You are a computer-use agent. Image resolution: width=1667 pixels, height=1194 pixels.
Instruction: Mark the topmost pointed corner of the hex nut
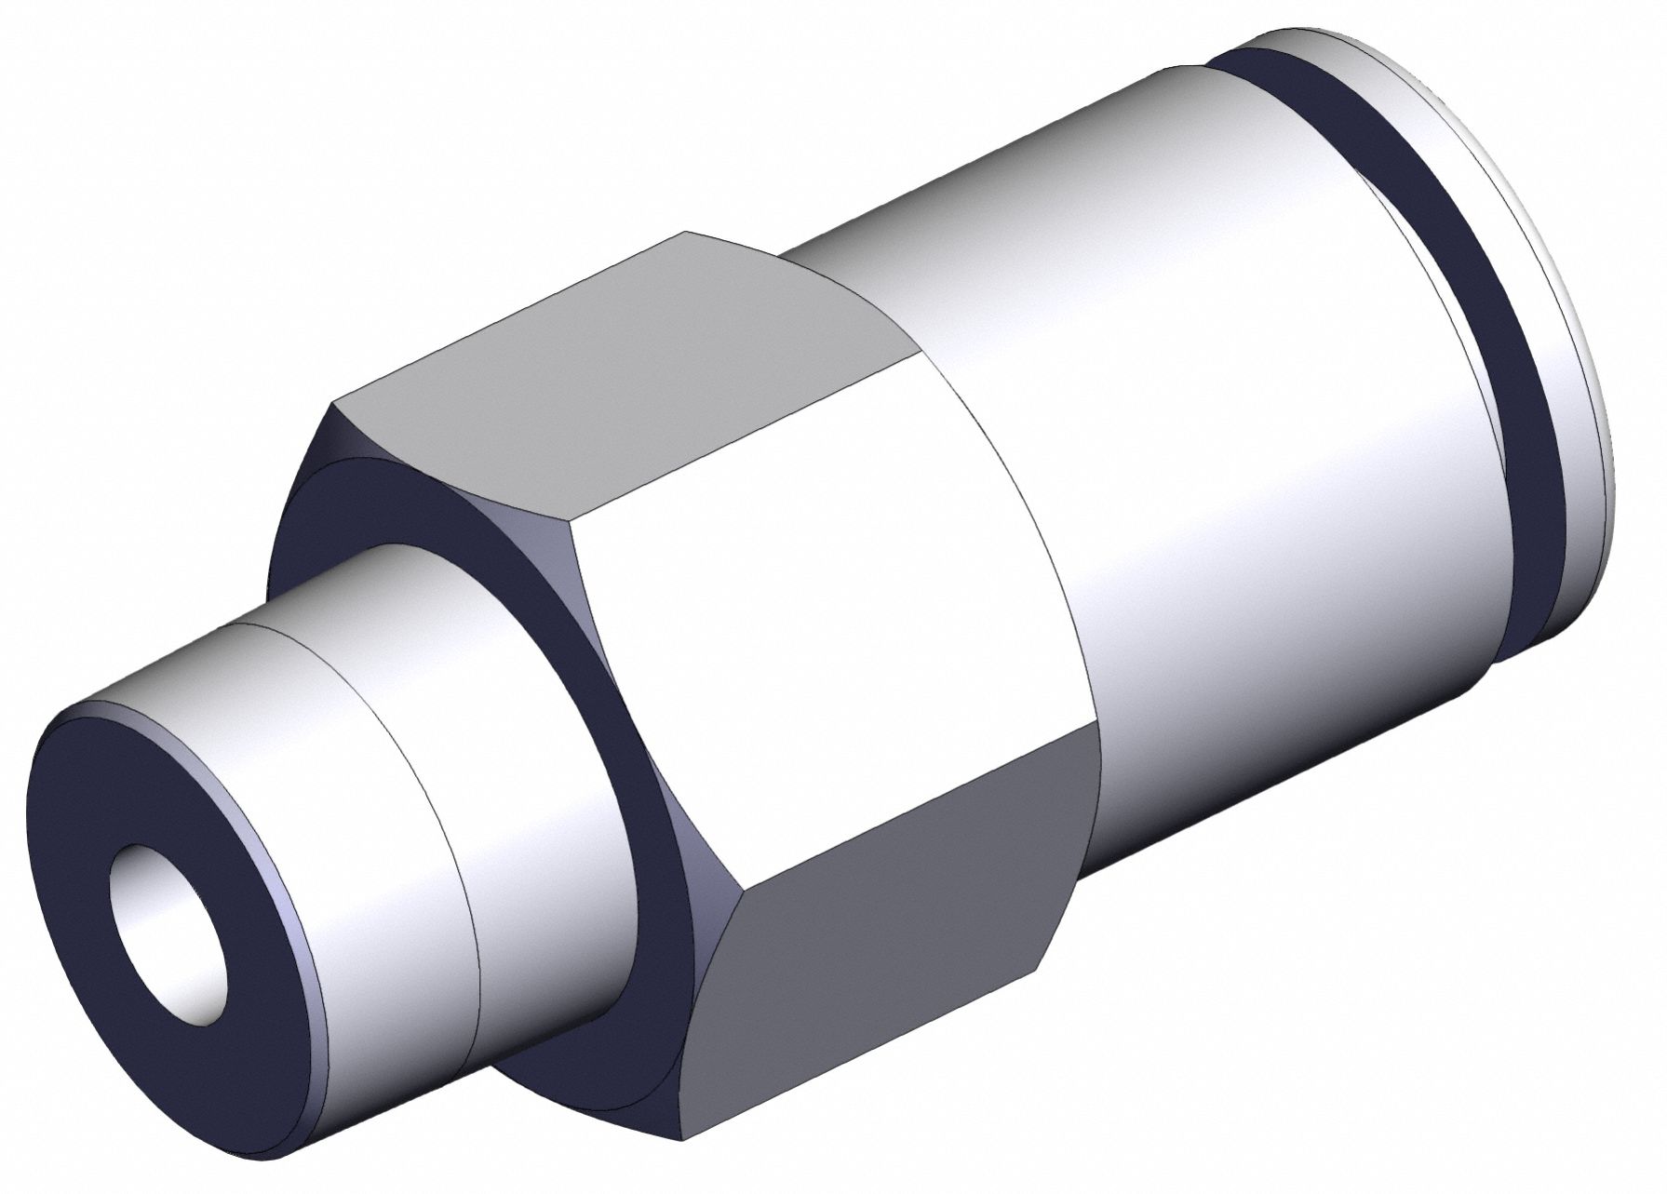coord(687,232)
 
